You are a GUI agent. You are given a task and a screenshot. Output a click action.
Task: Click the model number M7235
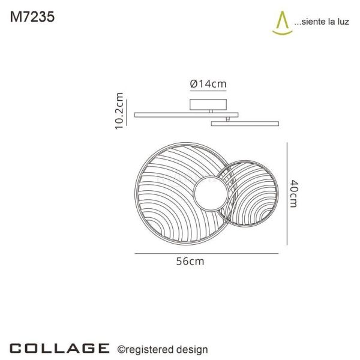click(32, 17)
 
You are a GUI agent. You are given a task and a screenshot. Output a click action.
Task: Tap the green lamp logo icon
click(283, 23)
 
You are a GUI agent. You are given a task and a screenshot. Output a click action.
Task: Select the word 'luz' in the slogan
click(343, 22)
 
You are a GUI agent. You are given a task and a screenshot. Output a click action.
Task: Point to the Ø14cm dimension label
click(208, 84)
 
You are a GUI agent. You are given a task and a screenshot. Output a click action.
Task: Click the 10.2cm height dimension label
click(119, 111)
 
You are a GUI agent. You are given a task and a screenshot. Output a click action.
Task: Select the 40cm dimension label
click(293, 194)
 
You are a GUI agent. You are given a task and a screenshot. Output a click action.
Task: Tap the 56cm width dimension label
click(190, 261)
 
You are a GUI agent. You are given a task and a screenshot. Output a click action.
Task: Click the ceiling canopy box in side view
click(208, 104)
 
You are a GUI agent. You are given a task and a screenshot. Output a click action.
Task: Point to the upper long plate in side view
click(186, 115)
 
